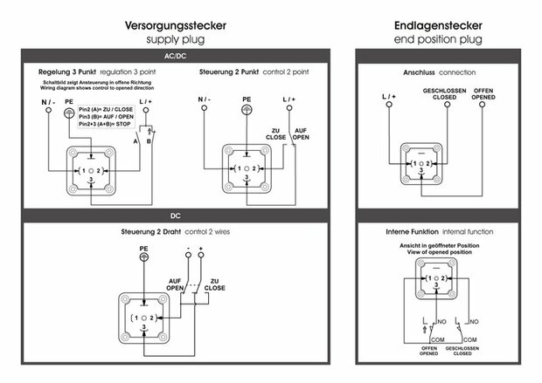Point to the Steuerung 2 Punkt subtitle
coord(247,72)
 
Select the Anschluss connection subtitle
coord(438,72)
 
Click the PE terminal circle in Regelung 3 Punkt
coord(68,112)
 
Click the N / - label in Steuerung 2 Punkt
coord(204,100)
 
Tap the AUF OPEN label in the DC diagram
coord(175,284)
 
